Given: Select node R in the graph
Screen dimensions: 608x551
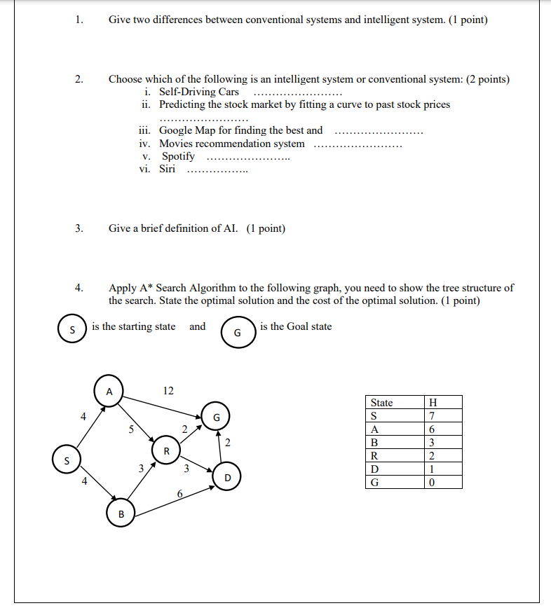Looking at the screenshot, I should [x=166, y=450].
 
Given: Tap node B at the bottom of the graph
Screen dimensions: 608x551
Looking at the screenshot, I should [x=121, y=514].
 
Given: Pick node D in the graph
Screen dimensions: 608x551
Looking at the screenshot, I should [x=227, y=478].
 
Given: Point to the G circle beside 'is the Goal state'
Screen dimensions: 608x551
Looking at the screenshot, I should [x=236, y=333].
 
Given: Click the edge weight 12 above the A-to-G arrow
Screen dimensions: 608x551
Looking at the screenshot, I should [x=168, y=390].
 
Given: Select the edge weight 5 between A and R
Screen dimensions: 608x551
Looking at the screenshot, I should [x=130, y=431].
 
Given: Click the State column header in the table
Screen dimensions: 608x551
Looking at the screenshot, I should [x=381, y=402].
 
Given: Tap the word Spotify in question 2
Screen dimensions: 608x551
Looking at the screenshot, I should [x=178, y=156].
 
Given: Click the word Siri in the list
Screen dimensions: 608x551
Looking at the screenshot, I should [x=167, y=169].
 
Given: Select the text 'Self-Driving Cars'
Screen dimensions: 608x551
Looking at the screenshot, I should [x=199, y=92].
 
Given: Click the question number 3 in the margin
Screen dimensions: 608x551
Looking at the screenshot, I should [x=79, y=228].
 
